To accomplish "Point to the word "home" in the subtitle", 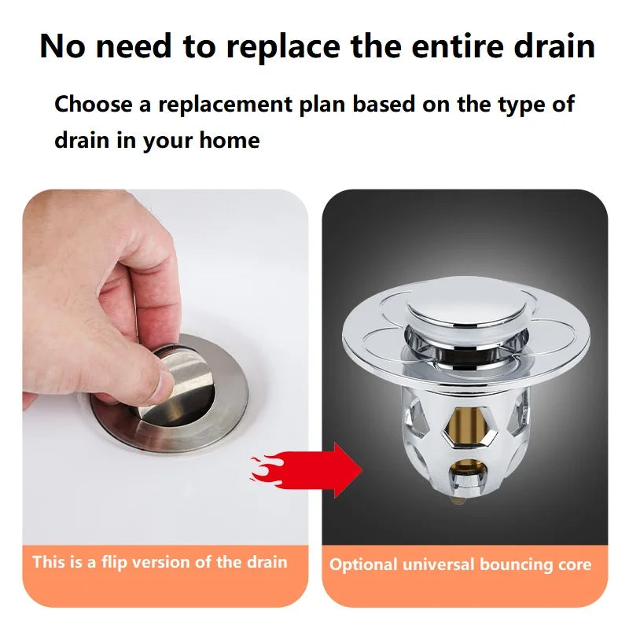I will click(x=228, y=141).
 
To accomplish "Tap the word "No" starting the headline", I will click(x=62, y=47).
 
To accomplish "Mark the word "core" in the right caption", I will click(x=573, y=565).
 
